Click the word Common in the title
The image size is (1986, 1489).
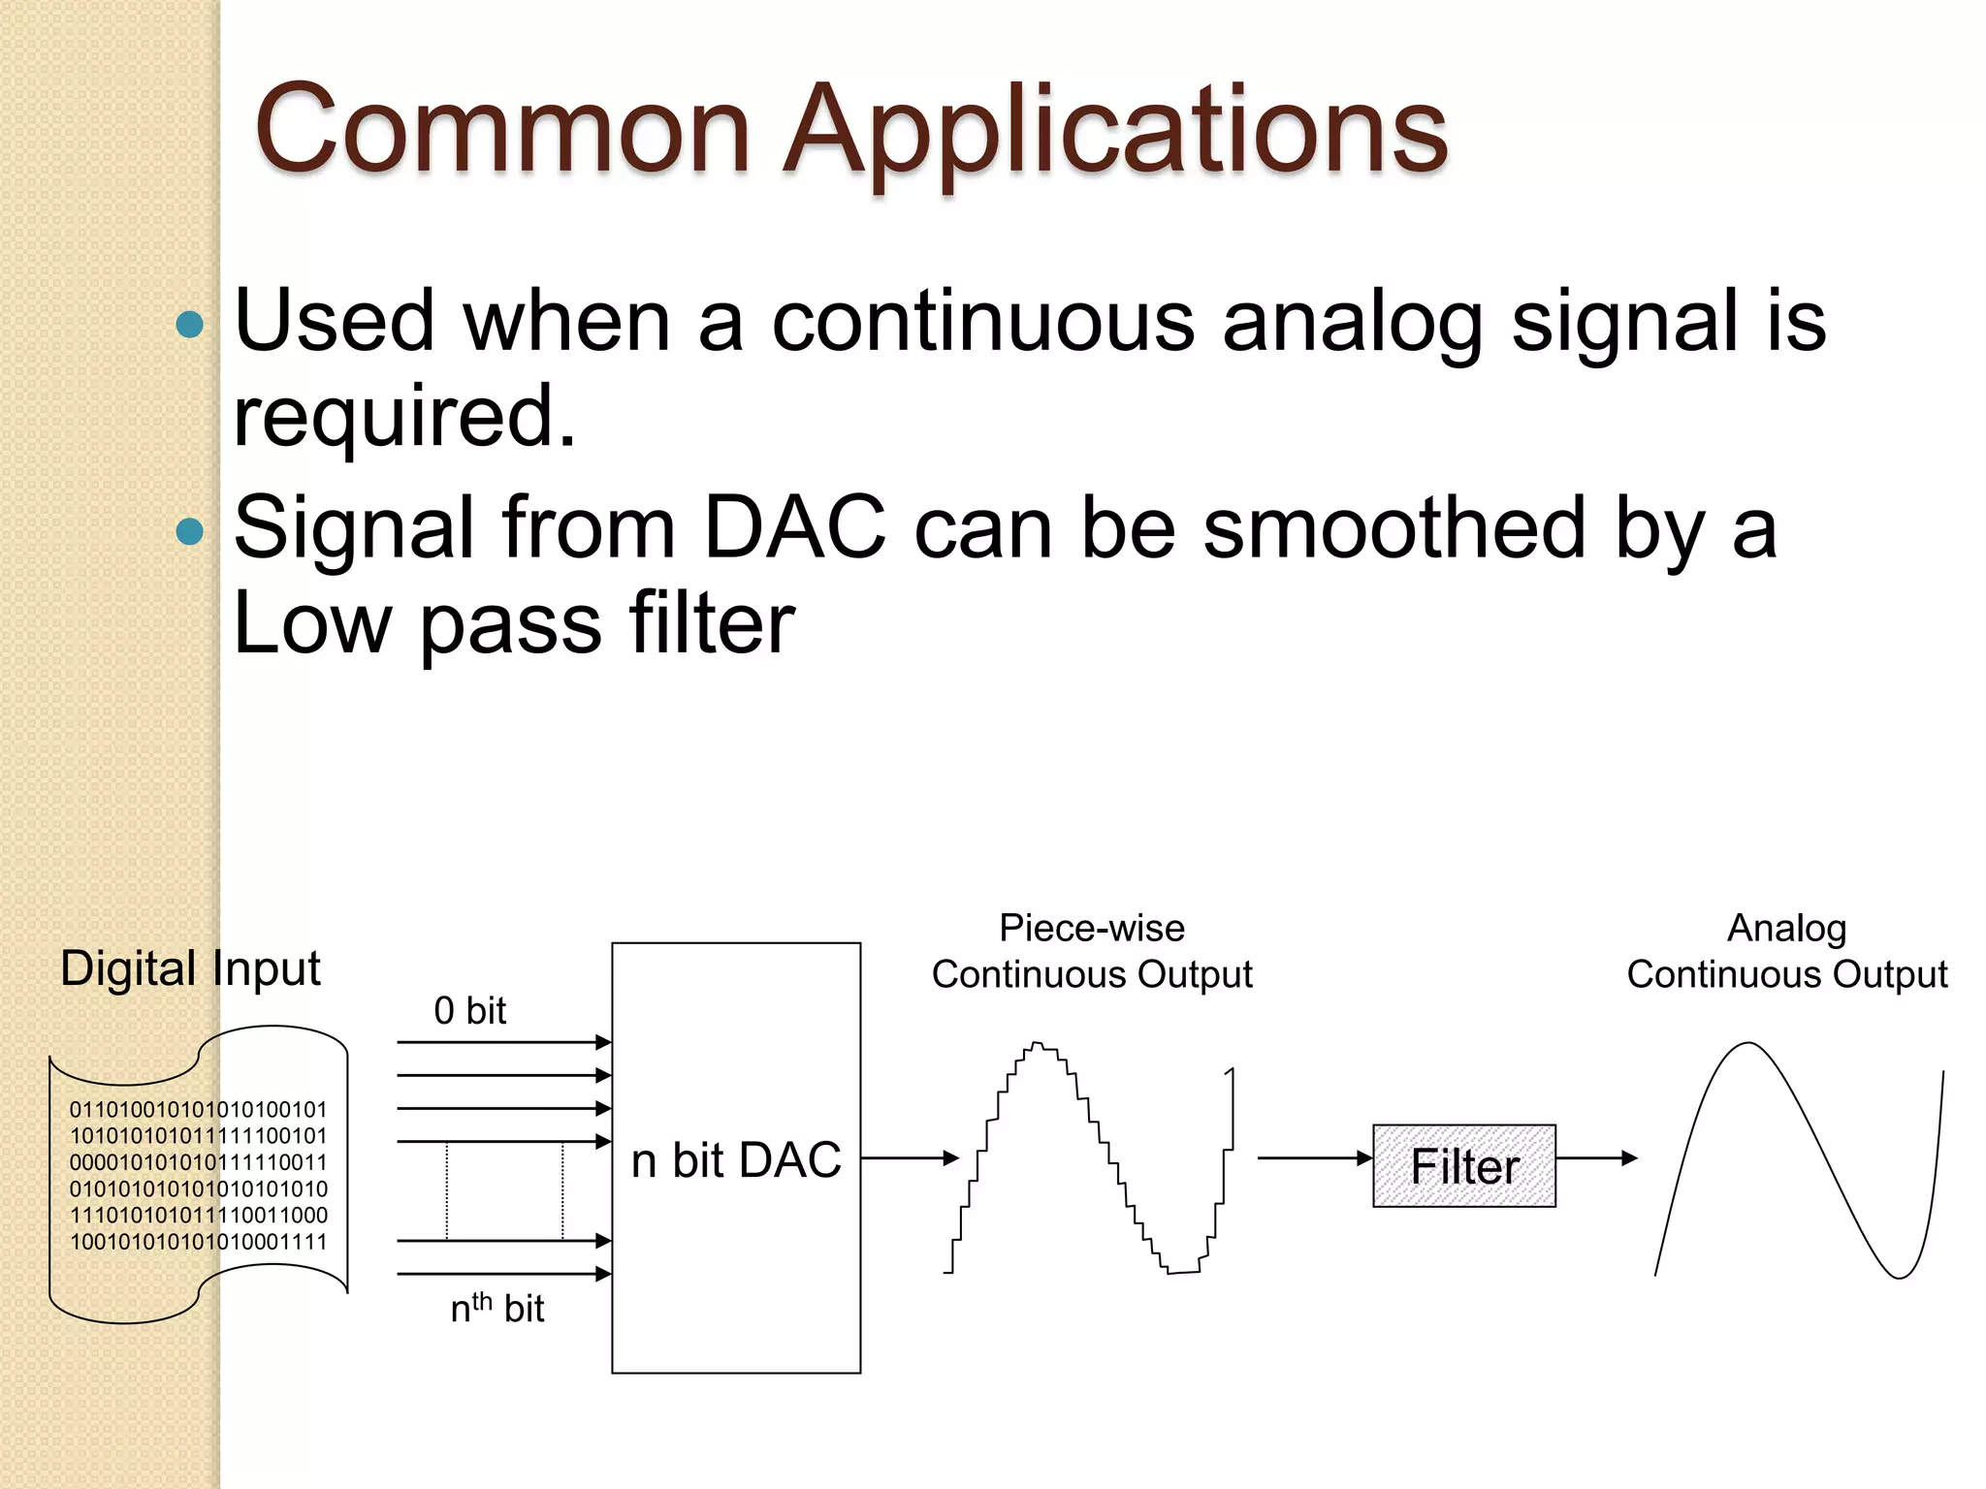pos(502,131)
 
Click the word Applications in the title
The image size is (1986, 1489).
pos(1115,131)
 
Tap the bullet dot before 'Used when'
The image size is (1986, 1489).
pos(191,324)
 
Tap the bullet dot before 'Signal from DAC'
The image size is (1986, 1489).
pos(191,530)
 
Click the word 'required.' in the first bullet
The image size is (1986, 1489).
pos(405,417)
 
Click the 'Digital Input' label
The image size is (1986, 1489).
pos(190,968)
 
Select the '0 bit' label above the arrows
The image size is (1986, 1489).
pos(469,1011)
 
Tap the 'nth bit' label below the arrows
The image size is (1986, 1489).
pos(496,1309)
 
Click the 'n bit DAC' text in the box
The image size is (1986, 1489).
pos(736,1160)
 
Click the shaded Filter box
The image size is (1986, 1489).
pos(1464,1166)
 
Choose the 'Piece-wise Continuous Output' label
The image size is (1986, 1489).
pos(1092,951)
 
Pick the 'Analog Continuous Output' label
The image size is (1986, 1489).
pos(1786,951)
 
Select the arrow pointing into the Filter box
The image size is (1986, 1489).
pos(1315,1157)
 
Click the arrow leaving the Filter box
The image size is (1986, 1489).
pos(1596,1157)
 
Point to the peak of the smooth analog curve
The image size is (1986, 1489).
pos(1748,1044)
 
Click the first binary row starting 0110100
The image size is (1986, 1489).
pos(199,1109)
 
